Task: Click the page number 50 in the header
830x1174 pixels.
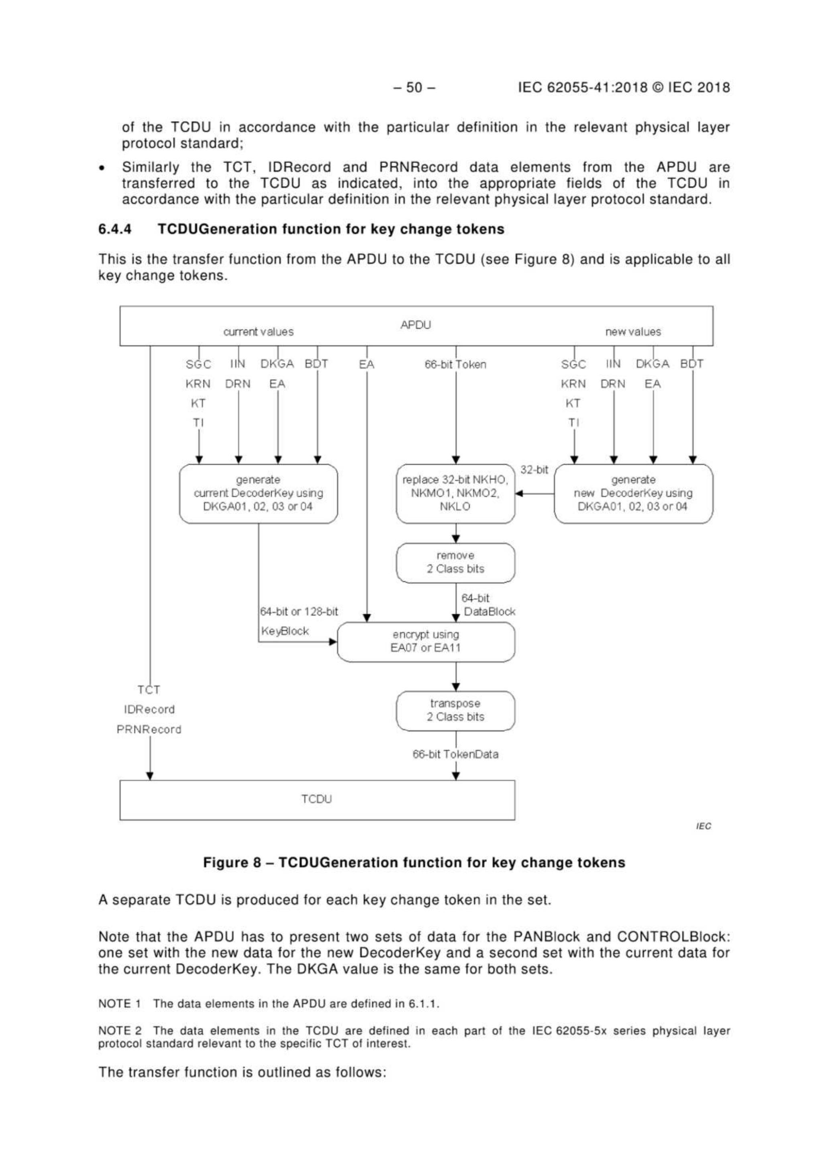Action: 414,88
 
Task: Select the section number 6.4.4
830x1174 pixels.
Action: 115,229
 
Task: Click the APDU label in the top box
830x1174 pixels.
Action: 415,325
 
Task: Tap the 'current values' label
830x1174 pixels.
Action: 258,332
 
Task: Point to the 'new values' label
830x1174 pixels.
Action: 632,332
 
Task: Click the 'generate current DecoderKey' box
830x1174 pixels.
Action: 258,493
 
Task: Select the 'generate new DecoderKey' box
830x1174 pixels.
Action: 633,493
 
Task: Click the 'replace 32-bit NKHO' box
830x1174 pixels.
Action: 455,493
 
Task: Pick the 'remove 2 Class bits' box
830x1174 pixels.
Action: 455,563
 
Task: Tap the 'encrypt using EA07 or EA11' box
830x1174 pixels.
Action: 426,641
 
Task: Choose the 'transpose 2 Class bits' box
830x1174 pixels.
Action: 455,710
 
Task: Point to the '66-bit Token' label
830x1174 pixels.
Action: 455,365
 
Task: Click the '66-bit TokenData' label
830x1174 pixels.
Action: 455,754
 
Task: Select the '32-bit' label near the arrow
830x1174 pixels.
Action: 534,469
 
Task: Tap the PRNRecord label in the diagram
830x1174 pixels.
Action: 149,729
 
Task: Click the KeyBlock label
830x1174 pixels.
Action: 285,631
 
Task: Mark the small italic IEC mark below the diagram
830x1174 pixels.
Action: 703,826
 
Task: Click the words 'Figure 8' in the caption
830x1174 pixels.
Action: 232,862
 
